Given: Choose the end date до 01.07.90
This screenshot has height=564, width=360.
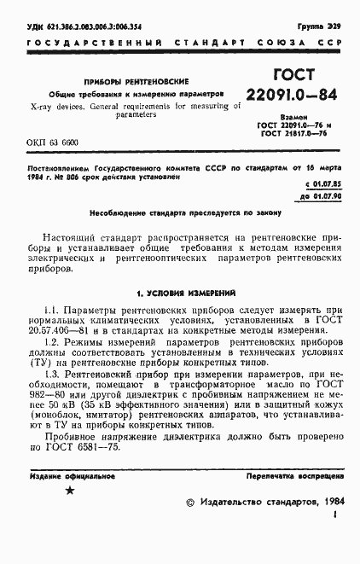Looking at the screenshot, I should pyautogui.click(x=323, y=195).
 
